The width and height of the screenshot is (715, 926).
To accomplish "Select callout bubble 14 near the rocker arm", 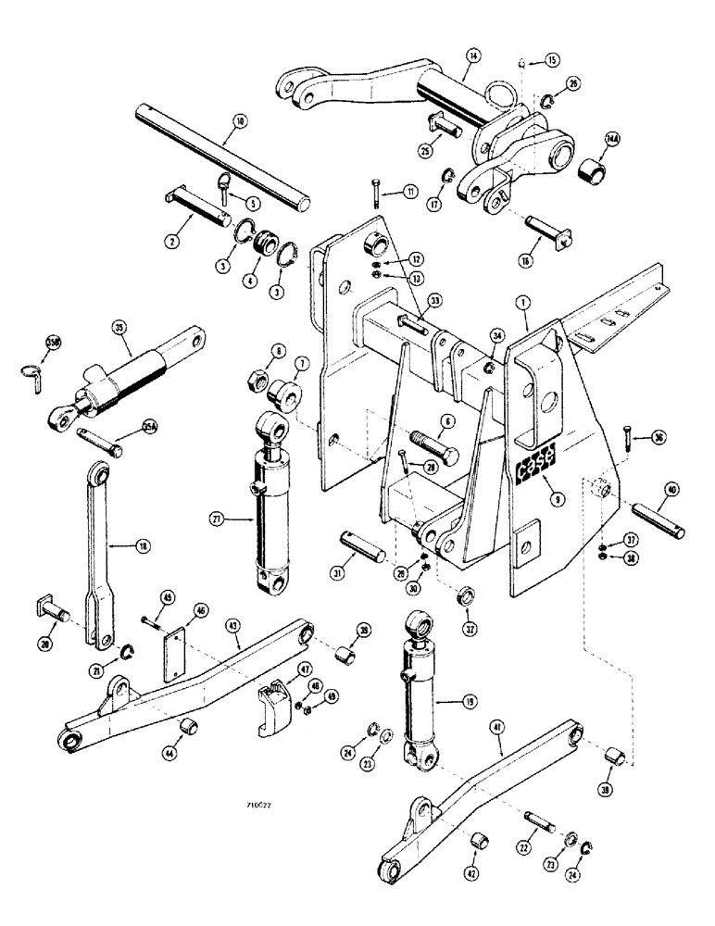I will tap(473, 56).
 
